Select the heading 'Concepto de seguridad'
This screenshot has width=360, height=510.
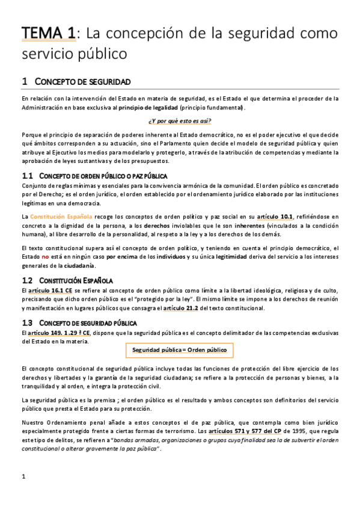coord(84,81)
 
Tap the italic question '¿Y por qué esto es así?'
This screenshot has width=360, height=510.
coord(180,121)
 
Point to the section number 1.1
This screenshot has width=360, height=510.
coord(26,176)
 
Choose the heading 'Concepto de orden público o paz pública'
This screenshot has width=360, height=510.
coord(103,176)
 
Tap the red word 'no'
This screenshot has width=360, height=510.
coord(44,257)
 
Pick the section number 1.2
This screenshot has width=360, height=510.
coord(26,280)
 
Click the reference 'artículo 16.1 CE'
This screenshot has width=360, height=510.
coord(46,290)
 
